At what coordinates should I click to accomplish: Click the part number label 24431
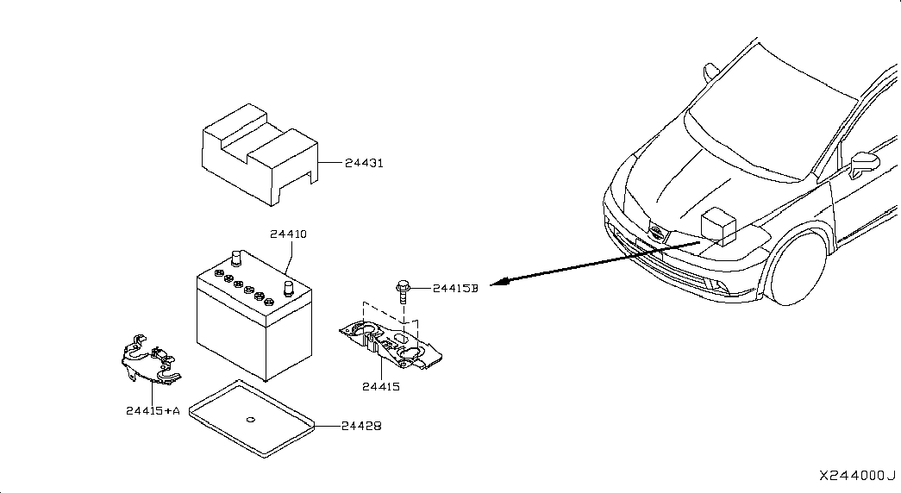[364, 163]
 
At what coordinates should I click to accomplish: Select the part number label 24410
[289, 234]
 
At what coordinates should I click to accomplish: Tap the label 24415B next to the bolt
[455, 289]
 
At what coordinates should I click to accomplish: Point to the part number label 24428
[361, 427]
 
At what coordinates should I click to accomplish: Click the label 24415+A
[153, 411]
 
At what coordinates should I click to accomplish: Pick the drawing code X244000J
[857, 477]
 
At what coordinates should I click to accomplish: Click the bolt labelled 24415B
[403, 291]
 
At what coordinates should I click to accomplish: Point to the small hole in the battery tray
[251, 420]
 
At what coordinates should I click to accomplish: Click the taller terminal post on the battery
[235, 259]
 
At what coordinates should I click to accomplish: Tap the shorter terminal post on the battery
[289, 288]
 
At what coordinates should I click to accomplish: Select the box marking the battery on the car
[719, 227]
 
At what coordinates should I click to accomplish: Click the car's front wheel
[798, 268]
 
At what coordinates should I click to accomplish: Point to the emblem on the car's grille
[656, 233]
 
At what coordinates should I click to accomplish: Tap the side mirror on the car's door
[864, 163]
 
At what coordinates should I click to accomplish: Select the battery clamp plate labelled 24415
[391, 345]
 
